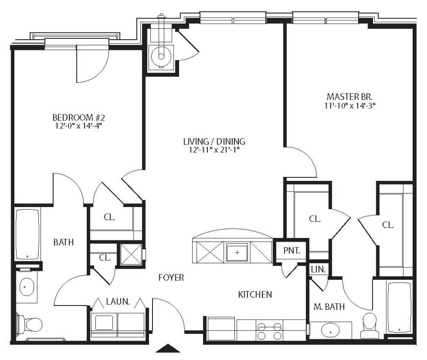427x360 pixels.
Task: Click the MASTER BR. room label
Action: [350, 97]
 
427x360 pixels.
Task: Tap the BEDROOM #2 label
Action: [78, 117]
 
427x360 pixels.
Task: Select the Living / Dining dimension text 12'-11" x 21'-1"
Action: [214, 150]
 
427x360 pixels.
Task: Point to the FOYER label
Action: [171, 278]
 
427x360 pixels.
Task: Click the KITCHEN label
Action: [255, 294]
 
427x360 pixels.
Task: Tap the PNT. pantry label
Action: [292, 251]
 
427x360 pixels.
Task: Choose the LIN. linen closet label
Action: [319, 270]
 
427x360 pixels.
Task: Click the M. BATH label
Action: [329, 307]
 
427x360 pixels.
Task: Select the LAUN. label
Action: [118, 301]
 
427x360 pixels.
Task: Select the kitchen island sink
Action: [237, 252]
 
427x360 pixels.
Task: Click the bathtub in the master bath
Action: [400, 307]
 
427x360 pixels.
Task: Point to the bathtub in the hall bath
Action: [27, 234]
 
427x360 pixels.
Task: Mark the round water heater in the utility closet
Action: [161, 56]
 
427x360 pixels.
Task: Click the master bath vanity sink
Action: [330, 331]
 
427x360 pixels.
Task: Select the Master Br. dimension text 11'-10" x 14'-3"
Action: [350, 105]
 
